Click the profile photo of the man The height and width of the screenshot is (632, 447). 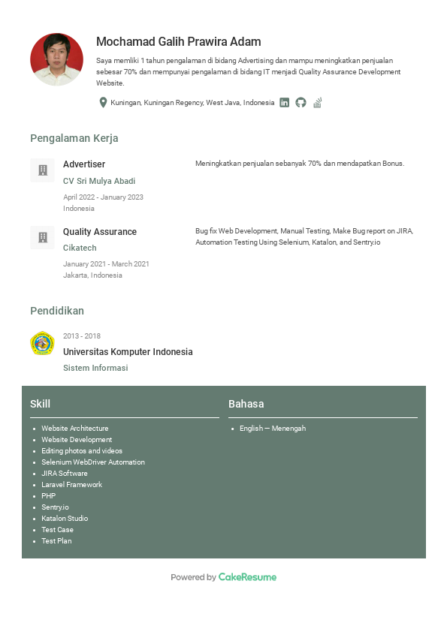point(56,59)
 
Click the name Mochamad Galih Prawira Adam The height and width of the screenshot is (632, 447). point(179,42)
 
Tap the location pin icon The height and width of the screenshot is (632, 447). point(103,103)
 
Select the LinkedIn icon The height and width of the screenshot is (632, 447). point(284,103)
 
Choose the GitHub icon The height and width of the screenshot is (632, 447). point(301,103)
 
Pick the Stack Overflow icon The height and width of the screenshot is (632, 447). point(317,103)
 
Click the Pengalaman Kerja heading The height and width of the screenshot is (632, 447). point(74,138)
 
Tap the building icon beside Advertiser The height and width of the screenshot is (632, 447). point(42,170)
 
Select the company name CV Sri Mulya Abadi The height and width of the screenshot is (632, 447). point(99,181)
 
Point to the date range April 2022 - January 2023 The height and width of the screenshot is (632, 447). point(103,197)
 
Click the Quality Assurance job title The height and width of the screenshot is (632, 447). point(100,232)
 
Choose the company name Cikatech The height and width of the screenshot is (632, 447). point(80,248)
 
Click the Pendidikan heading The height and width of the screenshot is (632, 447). point(57,311)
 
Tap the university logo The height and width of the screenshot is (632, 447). point(42,344)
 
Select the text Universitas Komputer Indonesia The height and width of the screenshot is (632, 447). point(128,352)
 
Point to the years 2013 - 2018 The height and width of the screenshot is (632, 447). point(82,336)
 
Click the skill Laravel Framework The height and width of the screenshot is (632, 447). point(72,485)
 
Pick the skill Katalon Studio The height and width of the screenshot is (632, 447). point(65,519)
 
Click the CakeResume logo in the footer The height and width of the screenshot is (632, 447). point(247,577)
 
